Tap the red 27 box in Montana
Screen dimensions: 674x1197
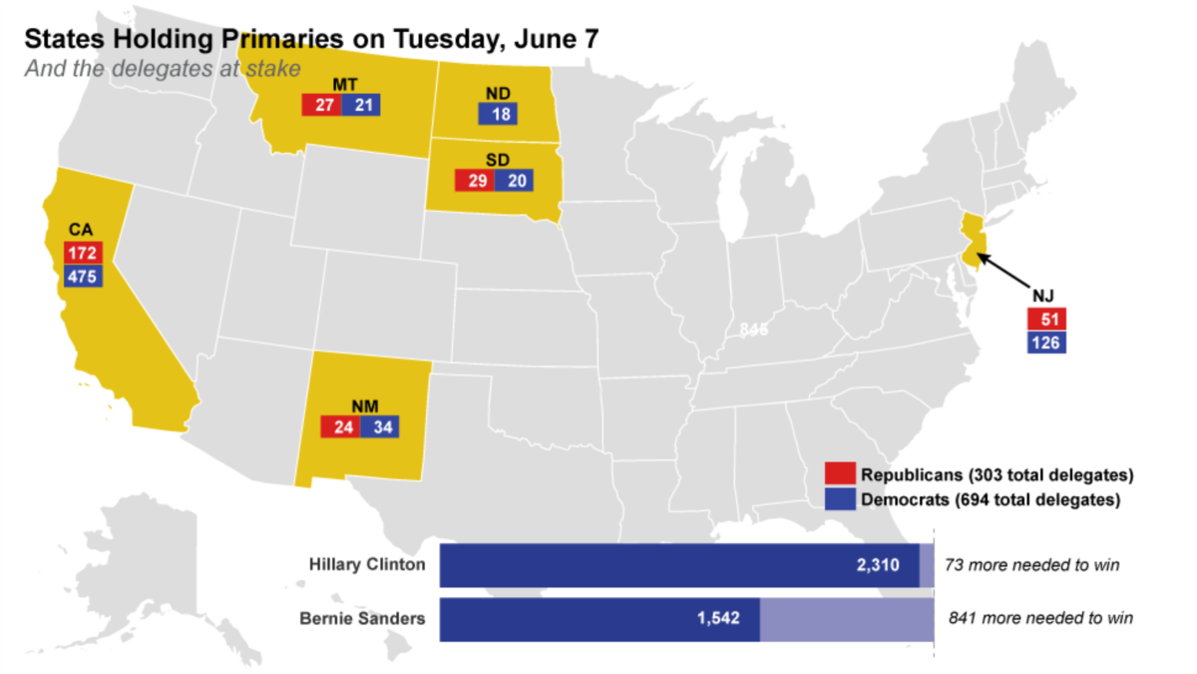tap(321, 105)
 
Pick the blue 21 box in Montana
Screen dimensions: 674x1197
tap(360, 105)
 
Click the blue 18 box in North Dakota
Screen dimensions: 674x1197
tap(501, 114)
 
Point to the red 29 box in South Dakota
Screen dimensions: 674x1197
tap(474, 181)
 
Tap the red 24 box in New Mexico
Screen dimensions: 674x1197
tap(339, 426)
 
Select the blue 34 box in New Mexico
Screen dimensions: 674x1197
tap(379, 426)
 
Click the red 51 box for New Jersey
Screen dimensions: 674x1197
tap(1046, 320)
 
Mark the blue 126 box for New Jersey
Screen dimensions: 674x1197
tap(1046, 342)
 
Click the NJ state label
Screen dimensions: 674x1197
tap(1044, 296)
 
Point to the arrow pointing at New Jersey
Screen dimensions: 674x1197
tap(1004, 272)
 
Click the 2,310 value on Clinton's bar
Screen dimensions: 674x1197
tap(878, 565)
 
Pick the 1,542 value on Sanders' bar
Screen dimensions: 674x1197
tap(718, 618)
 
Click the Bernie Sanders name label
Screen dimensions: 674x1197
tap(362, 618)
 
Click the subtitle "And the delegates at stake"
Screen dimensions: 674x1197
tap(163, 69)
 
